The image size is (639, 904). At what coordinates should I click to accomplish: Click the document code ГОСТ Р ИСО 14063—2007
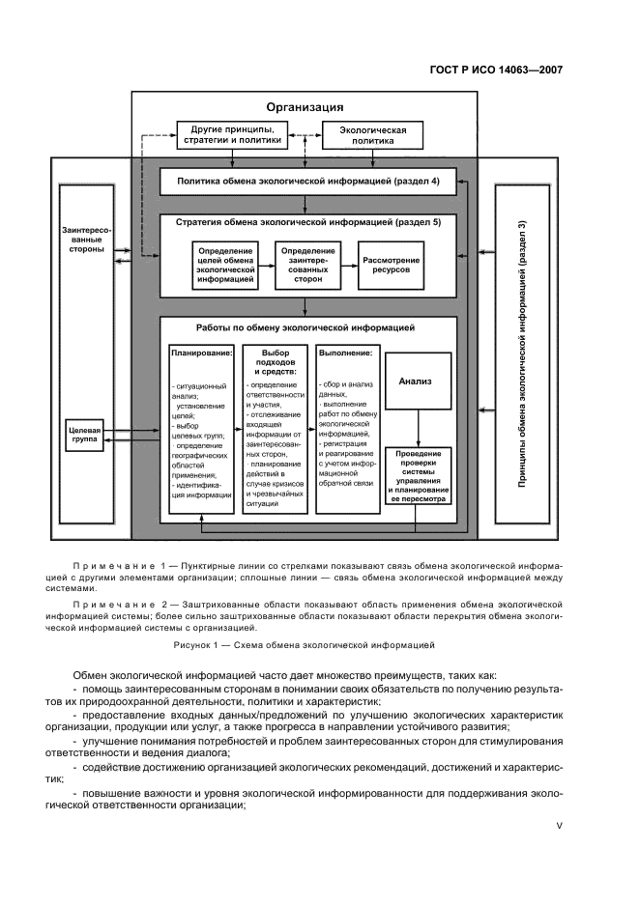(x=493, y=70)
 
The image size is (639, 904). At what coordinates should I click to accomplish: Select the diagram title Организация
(x=305, y=107)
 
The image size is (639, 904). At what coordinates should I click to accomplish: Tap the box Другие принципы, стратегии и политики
(x=231, y=135)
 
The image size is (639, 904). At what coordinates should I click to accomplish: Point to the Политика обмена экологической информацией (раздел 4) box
(x=307, y=181)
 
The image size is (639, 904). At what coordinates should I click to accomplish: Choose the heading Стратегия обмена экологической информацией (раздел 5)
(x=307, y=222)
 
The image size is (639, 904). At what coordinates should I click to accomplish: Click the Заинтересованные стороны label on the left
(x=87, y=238)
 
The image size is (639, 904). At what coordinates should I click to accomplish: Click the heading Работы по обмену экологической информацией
(x=305, y=327)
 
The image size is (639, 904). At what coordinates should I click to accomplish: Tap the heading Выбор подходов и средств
(x=276, y=361)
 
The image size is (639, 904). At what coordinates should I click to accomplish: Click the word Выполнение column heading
(x=344, y=353)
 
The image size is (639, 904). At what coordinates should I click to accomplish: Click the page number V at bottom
(x=559, y=826)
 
